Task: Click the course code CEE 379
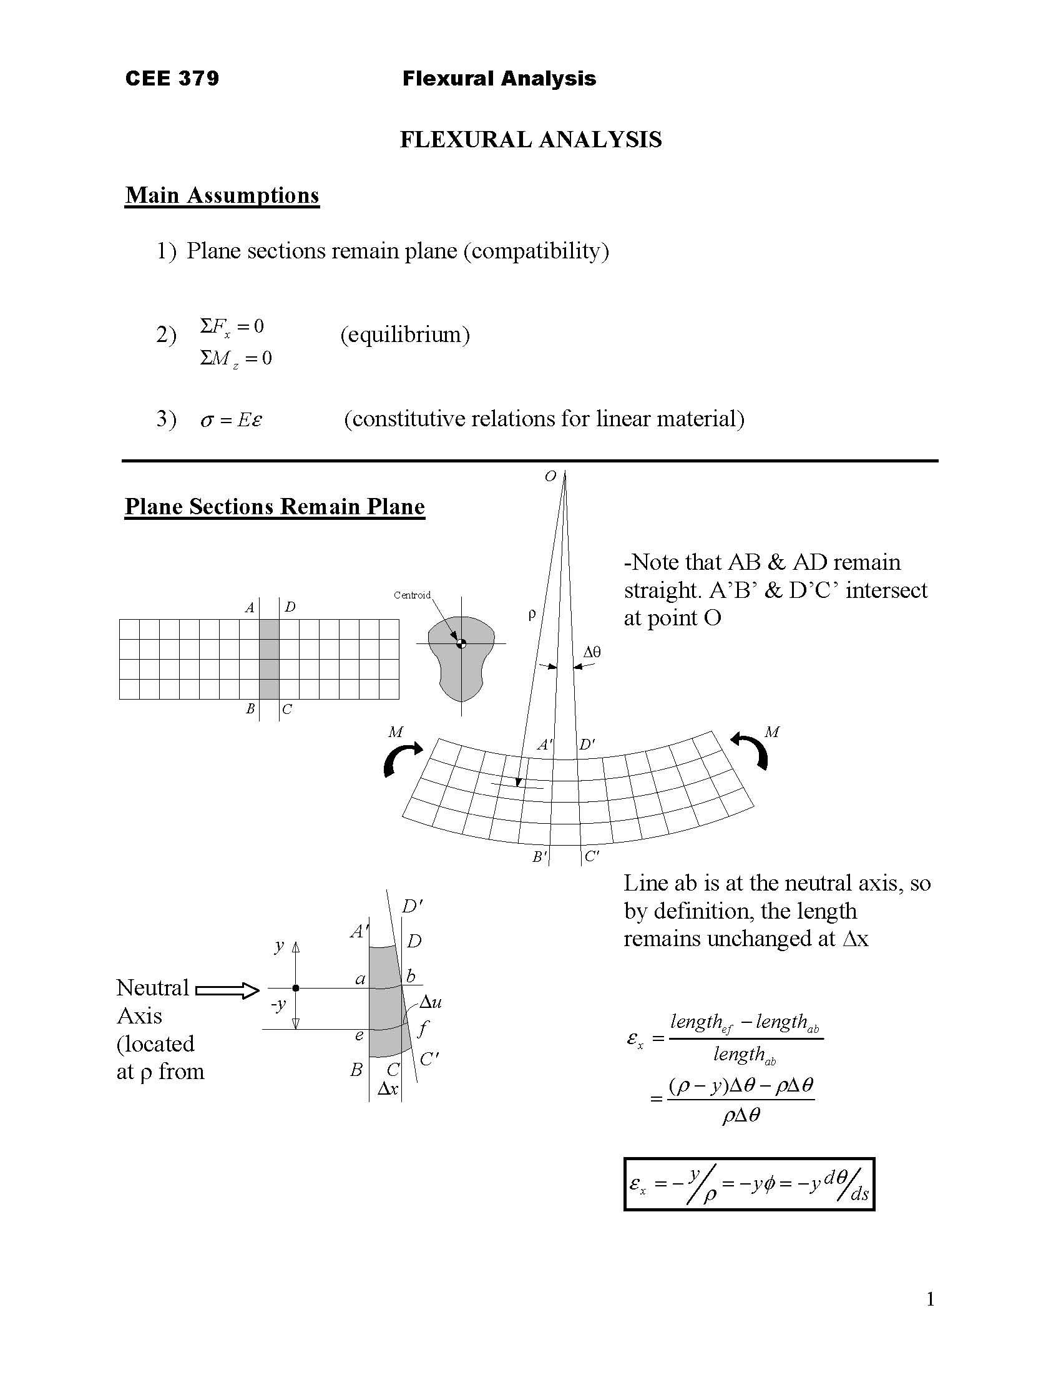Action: (172, 78)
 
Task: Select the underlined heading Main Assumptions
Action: (222, 195)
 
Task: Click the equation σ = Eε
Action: (231, 419)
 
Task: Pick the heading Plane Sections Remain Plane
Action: (275, 506)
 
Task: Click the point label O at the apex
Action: (550, 476)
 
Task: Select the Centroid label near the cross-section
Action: (412, 595)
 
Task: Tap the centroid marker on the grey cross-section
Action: (461, 642)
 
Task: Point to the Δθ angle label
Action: (592, 652)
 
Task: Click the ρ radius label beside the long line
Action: (532, 614)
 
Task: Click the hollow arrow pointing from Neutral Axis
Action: (228, 991)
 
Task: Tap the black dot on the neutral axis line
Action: (296, 989)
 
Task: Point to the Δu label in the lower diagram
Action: (431, 1002)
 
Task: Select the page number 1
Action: (931, 1299)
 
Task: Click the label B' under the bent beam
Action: (540, 856)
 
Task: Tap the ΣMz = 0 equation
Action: (236, 358)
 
